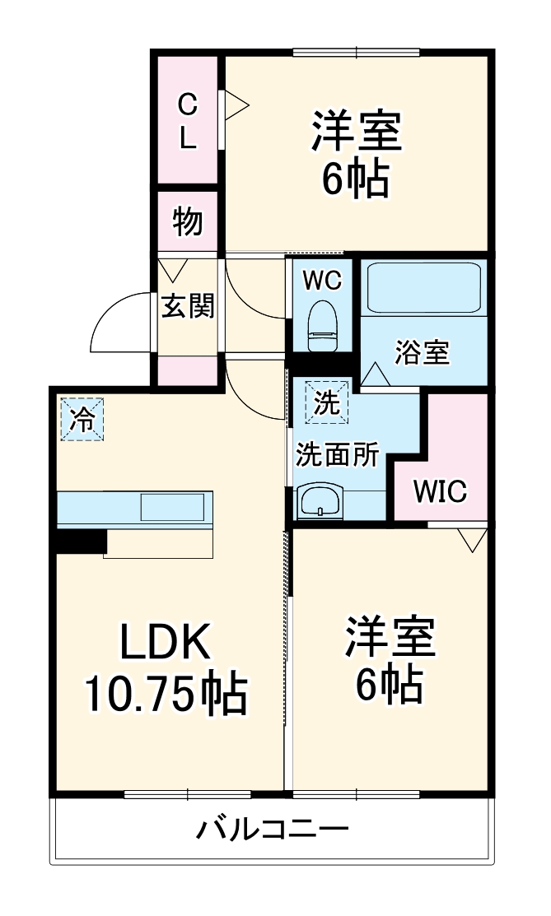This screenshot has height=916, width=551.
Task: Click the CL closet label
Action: click(x=189, y=121)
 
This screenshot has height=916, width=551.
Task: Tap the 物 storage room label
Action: click(x=188, y=221)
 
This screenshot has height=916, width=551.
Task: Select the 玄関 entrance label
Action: click(x=188, y=306)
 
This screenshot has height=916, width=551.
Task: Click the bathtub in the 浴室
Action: click(x=423, y=289)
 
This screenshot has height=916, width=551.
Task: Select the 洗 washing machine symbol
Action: click(x=327, y=402)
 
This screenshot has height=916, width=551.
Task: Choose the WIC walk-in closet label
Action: click(x=440, y=492)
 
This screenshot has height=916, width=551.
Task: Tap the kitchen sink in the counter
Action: click(x=171, y=507)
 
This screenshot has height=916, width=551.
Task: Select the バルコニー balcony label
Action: click(x=272, y=829)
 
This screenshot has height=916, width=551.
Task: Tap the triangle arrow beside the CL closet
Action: click(x=236, y=105)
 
